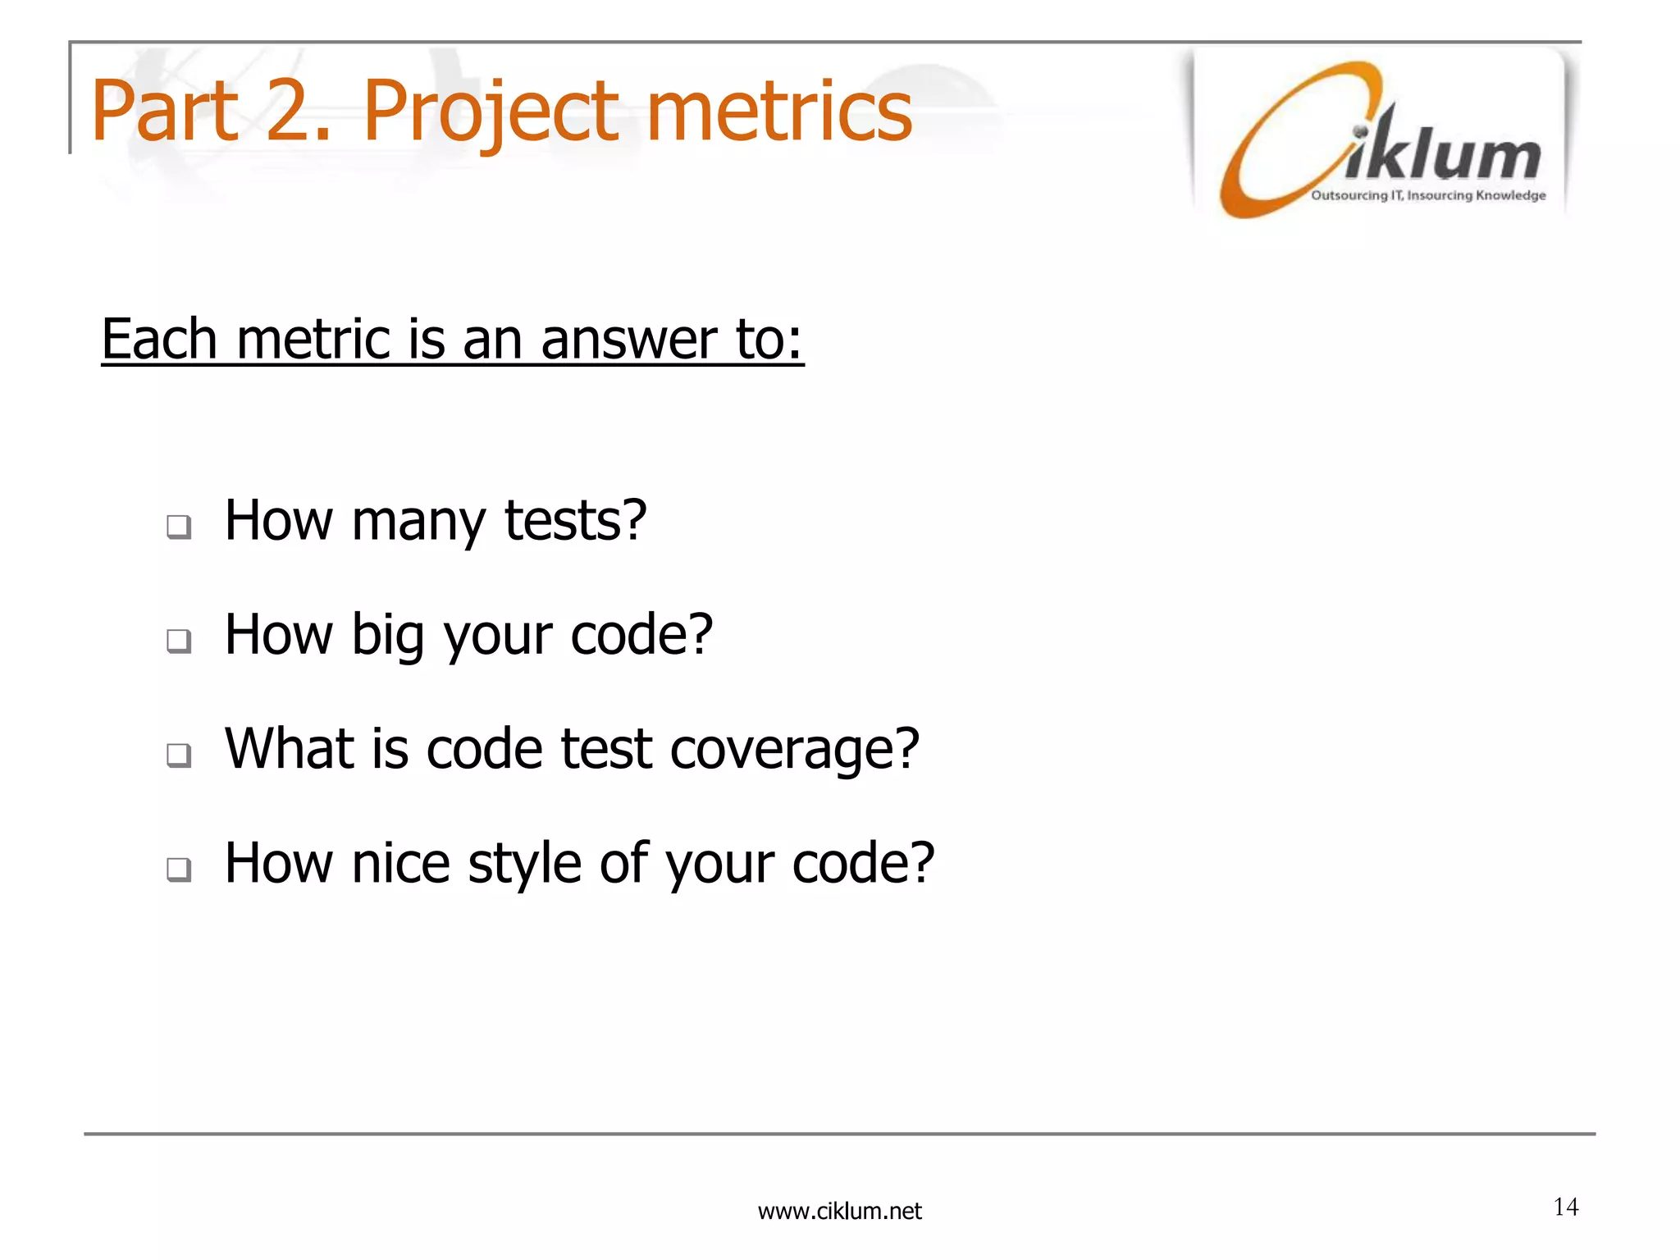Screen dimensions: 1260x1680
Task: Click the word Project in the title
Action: pyautogui.click(x=491, y=112)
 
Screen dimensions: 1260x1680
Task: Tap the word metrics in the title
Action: pyautogui.click(x=779, y=112)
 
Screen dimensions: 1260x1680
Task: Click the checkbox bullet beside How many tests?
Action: pyautogui.click(x=179, y=526)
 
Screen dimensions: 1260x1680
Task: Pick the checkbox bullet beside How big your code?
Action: pyautogui.click(x=179, y=640)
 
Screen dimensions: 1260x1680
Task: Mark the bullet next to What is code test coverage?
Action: pyautogui.click(x=179, y=754)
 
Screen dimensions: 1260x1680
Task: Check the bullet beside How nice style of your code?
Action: pyautogui.click(x=179, y=868)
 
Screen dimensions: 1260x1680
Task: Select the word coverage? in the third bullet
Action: pyautogui.click(x=794, y=750)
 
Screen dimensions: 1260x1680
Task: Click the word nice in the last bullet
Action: pyautogui.click(x=400, y=864)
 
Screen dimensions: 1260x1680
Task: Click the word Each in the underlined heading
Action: pyautogui.click(x=159, y=340)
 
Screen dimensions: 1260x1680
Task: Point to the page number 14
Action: pyautogui.click(x=1565, y=1207)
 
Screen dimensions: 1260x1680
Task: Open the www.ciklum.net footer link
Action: pyautogui.click(x=839, y=1211)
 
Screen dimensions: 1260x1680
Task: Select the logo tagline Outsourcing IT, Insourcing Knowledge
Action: pyautogui.click(x=1428, y=195)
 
